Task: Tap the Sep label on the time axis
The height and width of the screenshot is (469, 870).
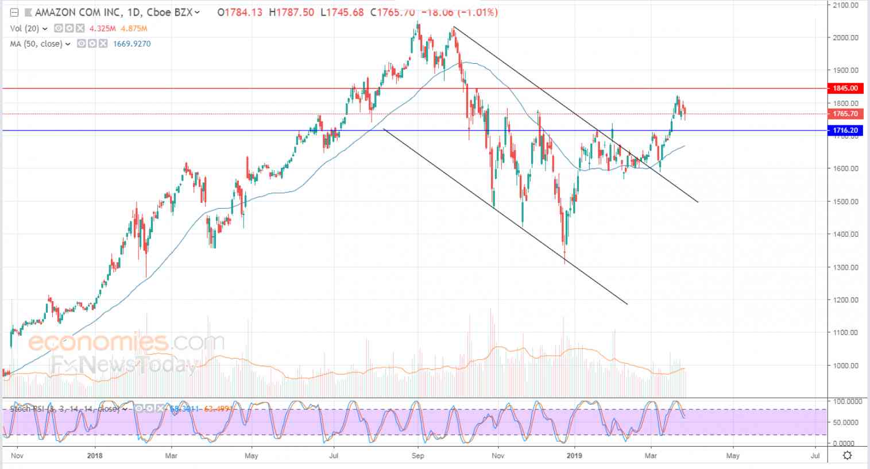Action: point(418,456)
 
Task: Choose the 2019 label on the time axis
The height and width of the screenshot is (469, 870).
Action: point(575,456)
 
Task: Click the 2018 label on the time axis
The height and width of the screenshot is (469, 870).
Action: point(94,456)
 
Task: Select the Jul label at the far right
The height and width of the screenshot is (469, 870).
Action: point(815,456)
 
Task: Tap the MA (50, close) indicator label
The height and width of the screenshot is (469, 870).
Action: point(36,44)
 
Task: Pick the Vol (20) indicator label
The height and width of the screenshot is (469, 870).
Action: point(24,28)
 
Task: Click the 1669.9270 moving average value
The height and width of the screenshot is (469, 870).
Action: point(132,44)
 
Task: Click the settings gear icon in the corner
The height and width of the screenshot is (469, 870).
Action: point(847,456)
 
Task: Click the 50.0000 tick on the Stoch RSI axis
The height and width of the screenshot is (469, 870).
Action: point(846,422)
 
